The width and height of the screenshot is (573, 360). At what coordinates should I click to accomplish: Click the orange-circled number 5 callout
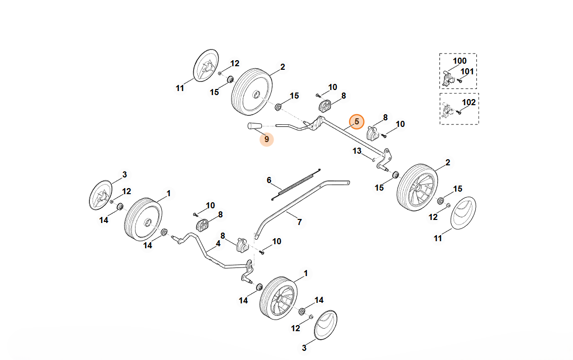click(357, 121)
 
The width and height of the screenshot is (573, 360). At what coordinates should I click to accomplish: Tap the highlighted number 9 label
click(267, 138)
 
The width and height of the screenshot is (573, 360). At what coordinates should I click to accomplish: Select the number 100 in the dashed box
click(459, 61)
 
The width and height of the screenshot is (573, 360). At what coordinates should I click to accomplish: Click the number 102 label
click(469, 102)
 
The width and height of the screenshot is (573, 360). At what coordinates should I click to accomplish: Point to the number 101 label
click(467, 71)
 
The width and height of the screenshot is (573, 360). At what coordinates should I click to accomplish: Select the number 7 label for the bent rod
click(299, 221)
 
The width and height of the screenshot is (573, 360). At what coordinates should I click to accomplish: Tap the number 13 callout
click(357, 151)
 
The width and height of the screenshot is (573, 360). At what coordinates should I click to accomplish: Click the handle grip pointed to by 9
click(254, 126)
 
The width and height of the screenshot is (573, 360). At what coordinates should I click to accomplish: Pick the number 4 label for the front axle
click(218, 243)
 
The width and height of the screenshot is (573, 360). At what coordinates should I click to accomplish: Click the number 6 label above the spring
click(269, 180)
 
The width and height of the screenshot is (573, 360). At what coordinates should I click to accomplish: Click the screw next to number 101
click(460, 80)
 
